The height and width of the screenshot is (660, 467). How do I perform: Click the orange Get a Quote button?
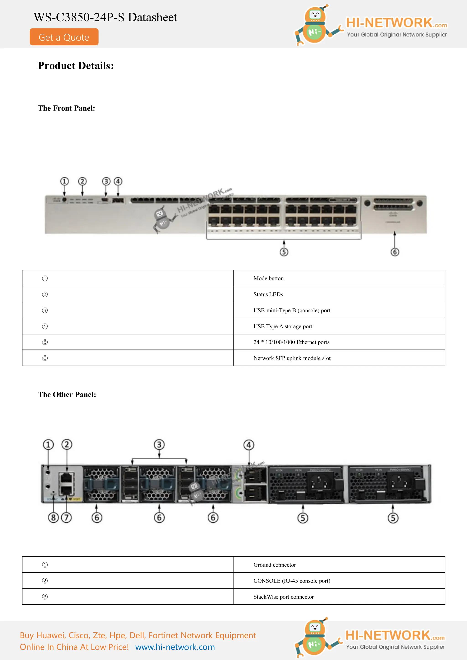coord(64,37)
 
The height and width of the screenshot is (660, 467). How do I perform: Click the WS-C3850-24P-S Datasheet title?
coord(105,17)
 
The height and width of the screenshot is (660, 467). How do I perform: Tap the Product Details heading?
coord(76,66)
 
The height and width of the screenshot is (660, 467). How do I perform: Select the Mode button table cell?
coord(268,278)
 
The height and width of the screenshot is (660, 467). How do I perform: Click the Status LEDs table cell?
coord(268,294)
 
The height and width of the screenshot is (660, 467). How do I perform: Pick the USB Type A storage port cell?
coord(283,326)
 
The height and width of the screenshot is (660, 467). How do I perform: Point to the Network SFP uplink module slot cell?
coord(292,358)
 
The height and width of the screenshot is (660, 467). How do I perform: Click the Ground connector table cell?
coord(275,565)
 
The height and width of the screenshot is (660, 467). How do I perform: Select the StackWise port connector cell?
coord(283,597)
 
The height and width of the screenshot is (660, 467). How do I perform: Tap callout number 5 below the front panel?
coord(284,252)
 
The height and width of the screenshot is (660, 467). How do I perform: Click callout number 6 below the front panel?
coord(394,252)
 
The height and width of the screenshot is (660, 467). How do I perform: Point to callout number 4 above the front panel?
coord(118,181)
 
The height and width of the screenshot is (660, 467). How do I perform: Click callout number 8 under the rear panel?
coord(53,518)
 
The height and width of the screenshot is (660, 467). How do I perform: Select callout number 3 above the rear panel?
coord(159,444)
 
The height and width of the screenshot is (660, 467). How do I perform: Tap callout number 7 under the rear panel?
coord(66,518)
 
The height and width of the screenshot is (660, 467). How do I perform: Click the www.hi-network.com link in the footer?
coord(175,647)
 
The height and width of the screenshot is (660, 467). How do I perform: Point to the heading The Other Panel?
coord(67,395)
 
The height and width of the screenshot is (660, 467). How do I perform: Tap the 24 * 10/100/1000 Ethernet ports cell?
coord(291,342)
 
